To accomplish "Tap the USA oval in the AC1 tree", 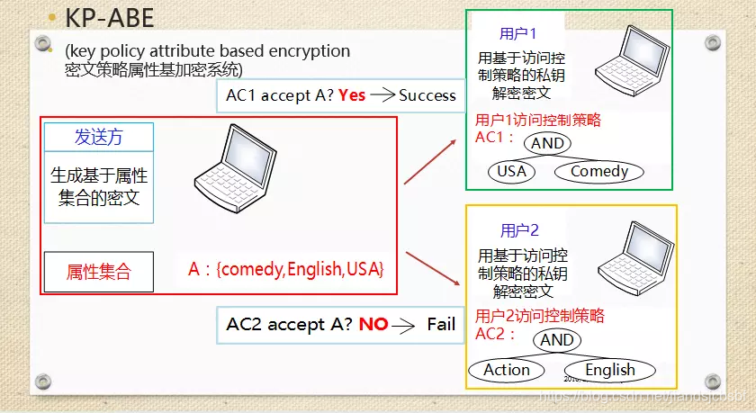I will click(510, 171).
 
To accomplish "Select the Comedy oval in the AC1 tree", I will click(599, 171).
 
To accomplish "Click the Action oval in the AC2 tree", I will click(507, 369).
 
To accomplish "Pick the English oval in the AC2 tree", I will click(610, 369).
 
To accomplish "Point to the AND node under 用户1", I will click(547, 143).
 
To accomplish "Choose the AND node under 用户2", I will click(557, 340).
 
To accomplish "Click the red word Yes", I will click(352, 94).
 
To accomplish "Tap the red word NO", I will click(373, 324).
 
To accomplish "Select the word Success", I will click(427, 94).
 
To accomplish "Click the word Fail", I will click(441, 324).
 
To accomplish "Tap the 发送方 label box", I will click(99, 138).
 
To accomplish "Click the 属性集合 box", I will click(99, 271).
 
